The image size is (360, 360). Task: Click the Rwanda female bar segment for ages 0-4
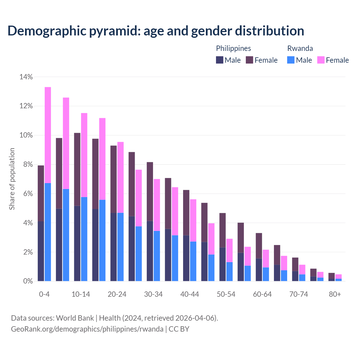click(x=48, y=135)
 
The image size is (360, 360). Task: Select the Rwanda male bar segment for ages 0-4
click(x=48, y=232)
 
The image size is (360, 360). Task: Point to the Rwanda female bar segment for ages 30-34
click(x=157, y=205)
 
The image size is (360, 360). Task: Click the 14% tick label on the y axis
click(x=26, y=77)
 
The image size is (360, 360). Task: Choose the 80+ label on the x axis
click(x=335, y=294)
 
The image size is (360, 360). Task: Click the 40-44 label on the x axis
click(x=190, y=294)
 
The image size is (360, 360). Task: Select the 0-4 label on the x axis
click(x=44, y=294)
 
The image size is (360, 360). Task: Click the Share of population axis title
click(x=12, y=179)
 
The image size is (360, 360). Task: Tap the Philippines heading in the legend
click(x=233, y=48)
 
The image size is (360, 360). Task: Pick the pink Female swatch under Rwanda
click(x=321, y=60)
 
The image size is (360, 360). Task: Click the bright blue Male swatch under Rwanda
click(x=291, y=60)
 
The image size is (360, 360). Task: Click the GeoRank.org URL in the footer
click(x=87, y=329)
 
